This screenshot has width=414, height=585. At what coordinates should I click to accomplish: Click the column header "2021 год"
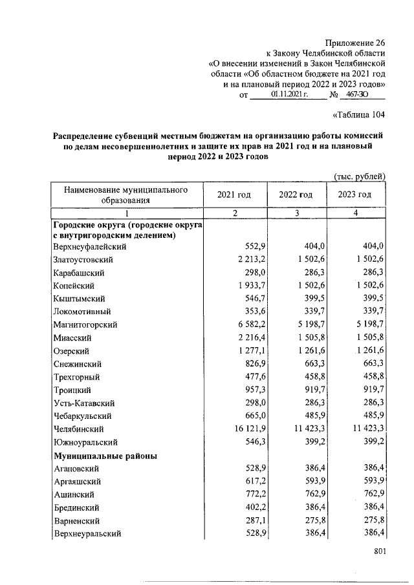coord(234,195)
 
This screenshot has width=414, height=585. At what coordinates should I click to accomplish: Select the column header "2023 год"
coord(354,195)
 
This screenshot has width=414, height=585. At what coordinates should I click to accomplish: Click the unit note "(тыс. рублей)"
coord(359,176)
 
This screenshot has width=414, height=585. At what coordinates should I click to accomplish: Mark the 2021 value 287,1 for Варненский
coord(252,520)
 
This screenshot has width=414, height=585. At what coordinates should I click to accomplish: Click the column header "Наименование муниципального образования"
coord(126,195)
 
